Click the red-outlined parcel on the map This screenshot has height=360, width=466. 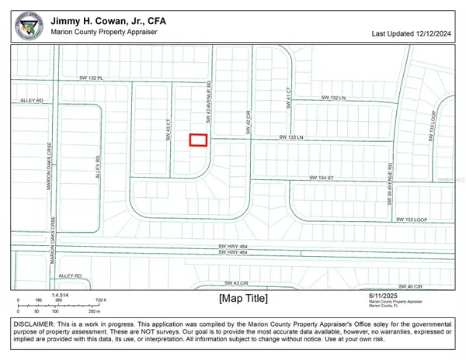coord(200,140)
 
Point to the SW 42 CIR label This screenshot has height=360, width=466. coord(249,123)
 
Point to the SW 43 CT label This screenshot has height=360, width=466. coord(169,129)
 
